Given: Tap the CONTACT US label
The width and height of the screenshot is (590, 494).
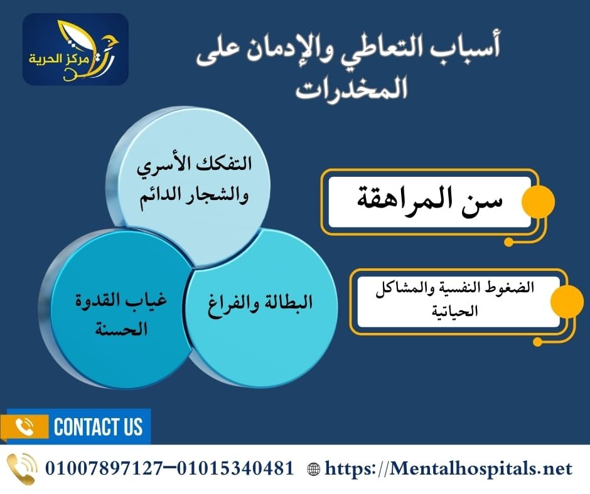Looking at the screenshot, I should [99, 427].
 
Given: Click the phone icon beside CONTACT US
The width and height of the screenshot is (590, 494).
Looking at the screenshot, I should [24, 427].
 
